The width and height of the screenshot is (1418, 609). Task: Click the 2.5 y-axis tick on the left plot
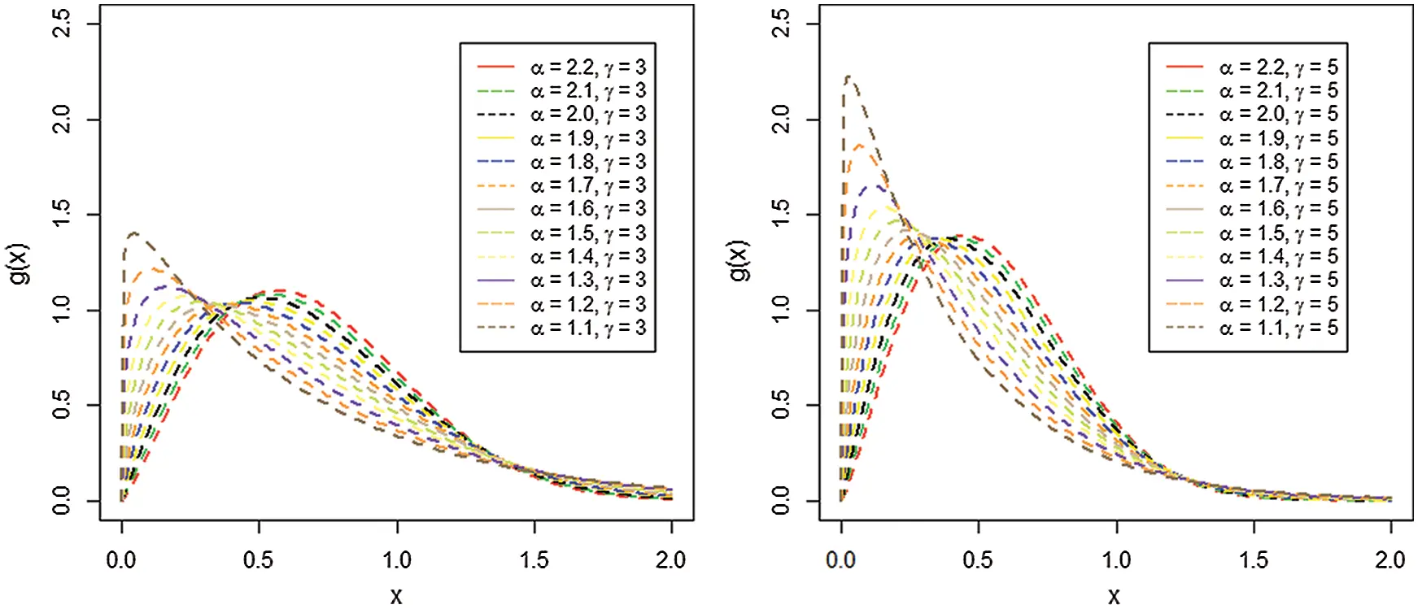63,24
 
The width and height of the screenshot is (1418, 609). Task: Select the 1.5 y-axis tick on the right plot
781,215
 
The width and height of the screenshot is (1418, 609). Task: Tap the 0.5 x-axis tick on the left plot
259,560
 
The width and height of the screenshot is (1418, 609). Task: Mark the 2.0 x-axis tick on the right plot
1390,560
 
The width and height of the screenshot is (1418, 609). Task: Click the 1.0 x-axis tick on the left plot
397,560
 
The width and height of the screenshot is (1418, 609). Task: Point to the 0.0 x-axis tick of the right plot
841,560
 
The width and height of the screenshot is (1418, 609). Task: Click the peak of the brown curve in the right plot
848,77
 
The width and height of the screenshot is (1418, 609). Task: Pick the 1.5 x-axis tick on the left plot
534,560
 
